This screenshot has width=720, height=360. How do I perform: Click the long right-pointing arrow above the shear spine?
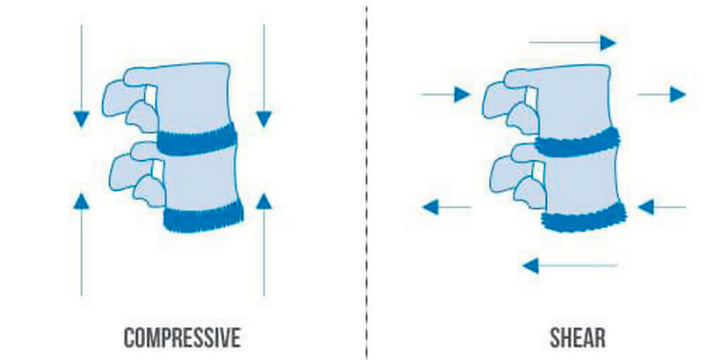[572, 42]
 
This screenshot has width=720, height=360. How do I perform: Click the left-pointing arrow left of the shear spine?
[446, 206]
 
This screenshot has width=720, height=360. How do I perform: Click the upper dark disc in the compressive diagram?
[197, 142]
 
